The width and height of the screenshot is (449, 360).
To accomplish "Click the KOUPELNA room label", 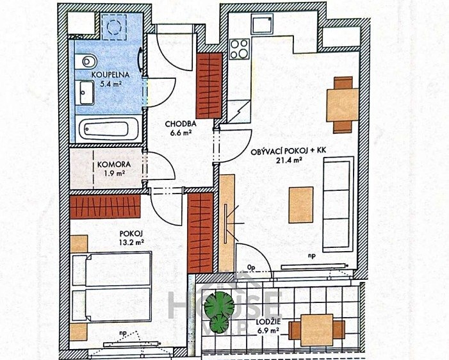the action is [111, 75].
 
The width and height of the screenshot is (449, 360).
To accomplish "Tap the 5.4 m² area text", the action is [111, 84].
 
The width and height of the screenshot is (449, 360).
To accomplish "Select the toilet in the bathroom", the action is [86, 62].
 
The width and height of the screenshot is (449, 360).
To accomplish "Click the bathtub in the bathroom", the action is [108, 129].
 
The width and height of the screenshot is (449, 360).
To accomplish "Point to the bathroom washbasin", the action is [86, 93].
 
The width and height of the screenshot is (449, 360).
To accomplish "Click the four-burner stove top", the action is [240, 49].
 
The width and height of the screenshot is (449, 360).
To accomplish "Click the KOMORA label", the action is [114, 165].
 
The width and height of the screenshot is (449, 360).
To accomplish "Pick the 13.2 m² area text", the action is [131, 243].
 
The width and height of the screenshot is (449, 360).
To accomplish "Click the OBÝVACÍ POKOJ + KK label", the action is [289, 151].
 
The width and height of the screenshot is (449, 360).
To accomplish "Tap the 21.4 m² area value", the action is [289, 160].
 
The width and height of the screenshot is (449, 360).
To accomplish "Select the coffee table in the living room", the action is [301, 205].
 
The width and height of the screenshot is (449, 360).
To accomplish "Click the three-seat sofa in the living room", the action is [338, 204].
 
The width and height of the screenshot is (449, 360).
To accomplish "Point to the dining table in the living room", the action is [343, 105].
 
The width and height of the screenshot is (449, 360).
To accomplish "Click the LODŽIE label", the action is [268, 322].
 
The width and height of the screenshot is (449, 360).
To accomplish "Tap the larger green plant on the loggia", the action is [219, 304].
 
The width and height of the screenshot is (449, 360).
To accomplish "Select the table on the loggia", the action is [316, 330].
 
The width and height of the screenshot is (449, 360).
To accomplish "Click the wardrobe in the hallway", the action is [209, 86].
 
